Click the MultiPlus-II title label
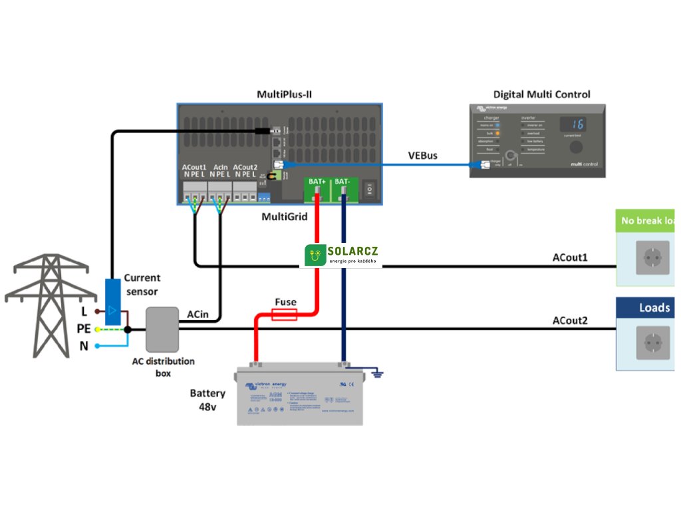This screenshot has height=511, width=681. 285,94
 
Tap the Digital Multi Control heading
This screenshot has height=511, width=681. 541,94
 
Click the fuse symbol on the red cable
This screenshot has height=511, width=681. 285,317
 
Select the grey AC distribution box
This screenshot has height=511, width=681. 162,329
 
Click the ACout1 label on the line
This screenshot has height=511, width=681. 570,257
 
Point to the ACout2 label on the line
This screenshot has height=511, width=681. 570,321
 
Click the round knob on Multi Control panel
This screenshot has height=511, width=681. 575,148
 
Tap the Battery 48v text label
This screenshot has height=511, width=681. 207,399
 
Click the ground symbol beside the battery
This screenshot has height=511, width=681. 380,375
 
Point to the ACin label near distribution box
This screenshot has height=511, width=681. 200,313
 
